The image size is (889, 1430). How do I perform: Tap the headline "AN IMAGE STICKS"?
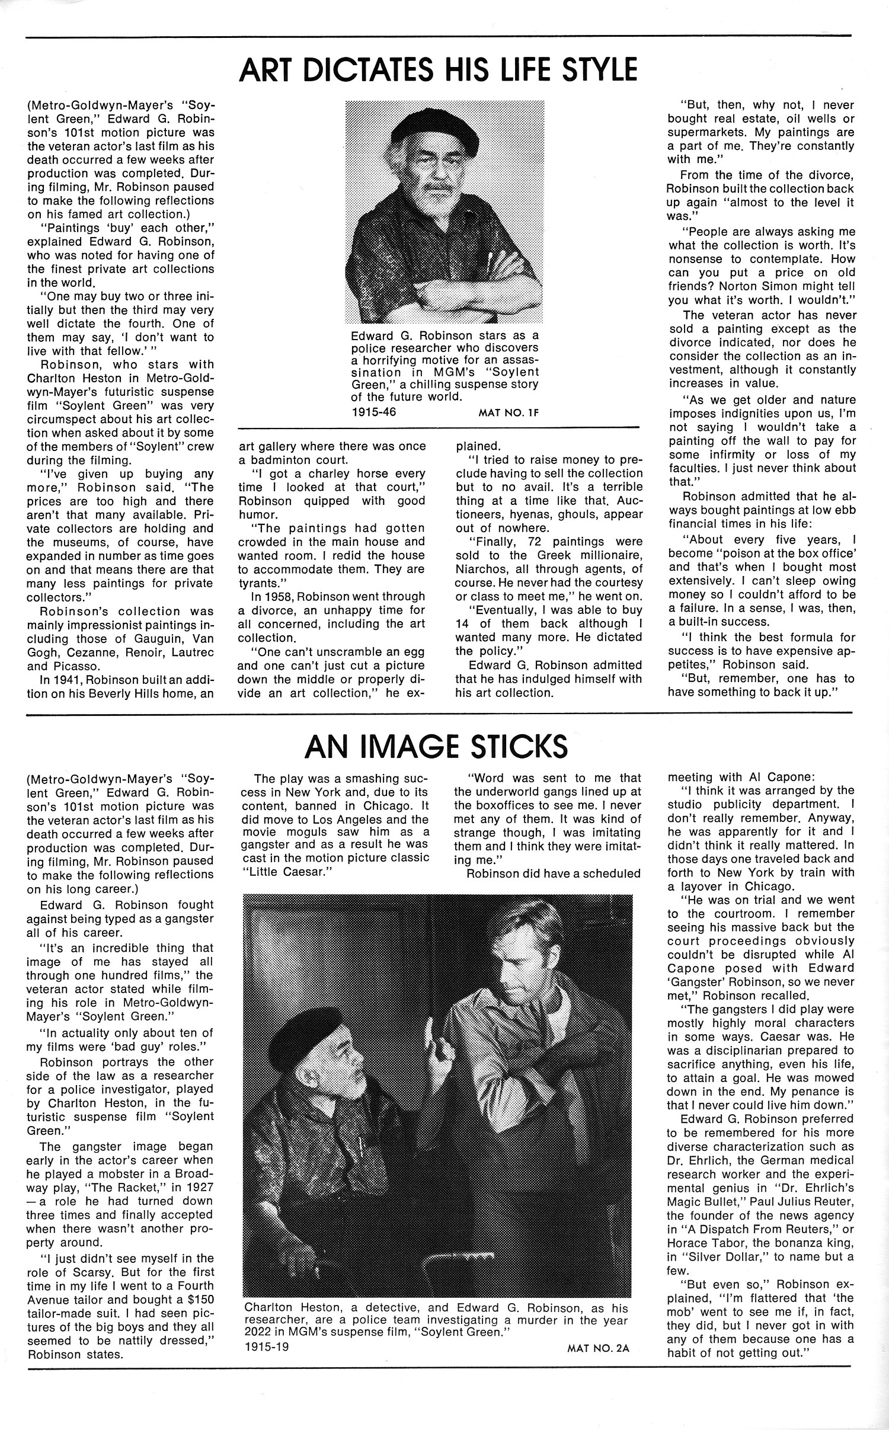[x=436, y=746]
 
